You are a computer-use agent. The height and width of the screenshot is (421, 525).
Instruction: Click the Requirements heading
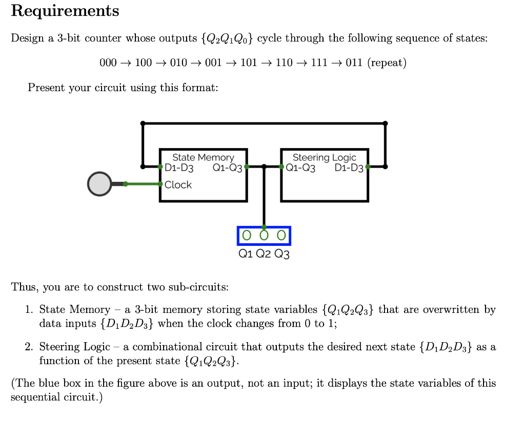point(65,11)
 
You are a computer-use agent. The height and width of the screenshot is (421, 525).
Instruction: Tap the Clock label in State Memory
point(178,185)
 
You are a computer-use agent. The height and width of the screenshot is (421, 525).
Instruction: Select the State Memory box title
point(203,157)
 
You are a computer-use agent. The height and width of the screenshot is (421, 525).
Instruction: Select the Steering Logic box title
point(324,157)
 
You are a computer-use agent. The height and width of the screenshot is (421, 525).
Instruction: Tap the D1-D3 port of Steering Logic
point(349,167)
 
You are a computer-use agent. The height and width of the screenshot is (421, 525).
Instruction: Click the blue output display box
point(264,236)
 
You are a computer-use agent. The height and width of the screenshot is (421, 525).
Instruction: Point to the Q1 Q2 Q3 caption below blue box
point(264,254)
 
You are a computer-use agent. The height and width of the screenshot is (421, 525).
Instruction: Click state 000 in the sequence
point(108,63)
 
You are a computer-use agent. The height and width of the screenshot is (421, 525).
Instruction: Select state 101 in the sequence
point(248,63)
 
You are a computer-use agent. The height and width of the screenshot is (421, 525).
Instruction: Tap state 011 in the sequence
point(354,63)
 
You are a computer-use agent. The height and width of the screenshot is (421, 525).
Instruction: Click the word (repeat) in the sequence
point(387,63)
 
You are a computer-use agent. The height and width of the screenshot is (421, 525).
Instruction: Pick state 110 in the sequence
point(284,63)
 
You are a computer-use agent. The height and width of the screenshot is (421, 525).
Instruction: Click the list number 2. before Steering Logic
point(29,347)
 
